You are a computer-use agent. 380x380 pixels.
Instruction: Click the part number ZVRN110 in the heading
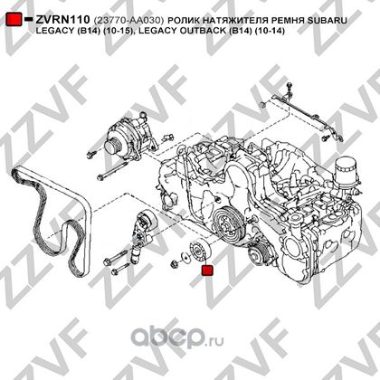click(62, 20)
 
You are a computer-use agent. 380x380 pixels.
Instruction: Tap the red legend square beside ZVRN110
click(14, 19)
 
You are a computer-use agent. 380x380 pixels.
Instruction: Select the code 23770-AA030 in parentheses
click(128, 21)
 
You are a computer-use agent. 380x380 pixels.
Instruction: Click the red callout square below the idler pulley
click(207, 271)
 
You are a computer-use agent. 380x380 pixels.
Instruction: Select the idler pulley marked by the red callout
click(200, 250)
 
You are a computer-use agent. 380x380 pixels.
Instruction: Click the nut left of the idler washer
click(175, 264)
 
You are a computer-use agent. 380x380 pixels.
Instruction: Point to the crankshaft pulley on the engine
click(227, 224)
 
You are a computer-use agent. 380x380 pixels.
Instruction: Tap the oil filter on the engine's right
click(347, 175)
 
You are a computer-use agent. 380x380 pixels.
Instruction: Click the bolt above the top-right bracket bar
click(290, 88)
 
